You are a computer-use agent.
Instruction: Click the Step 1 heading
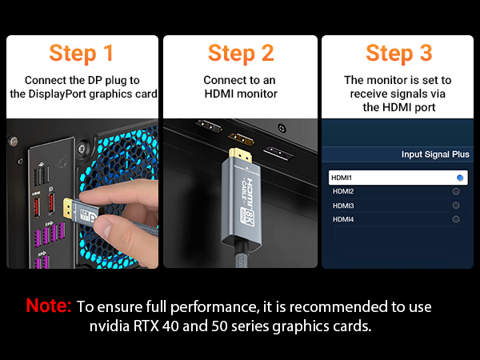click(81, 53)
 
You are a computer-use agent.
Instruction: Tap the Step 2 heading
click(241, 53)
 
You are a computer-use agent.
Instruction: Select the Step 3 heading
click(398, 53)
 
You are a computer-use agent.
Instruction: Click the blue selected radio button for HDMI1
click(460, 178)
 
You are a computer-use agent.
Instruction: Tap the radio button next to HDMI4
click(456, 219)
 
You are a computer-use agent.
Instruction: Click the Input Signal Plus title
click(435, 154)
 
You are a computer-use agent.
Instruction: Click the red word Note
click(49, 306)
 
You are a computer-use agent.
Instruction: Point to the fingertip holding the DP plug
click(90, 200)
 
